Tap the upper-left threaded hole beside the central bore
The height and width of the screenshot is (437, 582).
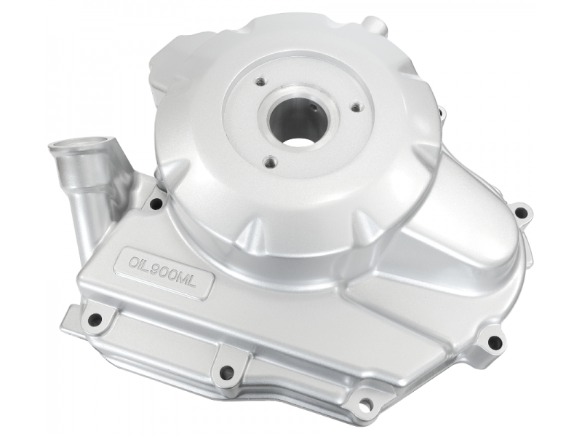click(x=260, y=81)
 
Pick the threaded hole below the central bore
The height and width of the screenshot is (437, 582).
click(x=270, y=161)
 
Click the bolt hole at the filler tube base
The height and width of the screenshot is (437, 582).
click(x=156, y=204)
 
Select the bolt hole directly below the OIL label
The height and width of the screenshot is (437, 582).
click(x=95, y=318)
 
